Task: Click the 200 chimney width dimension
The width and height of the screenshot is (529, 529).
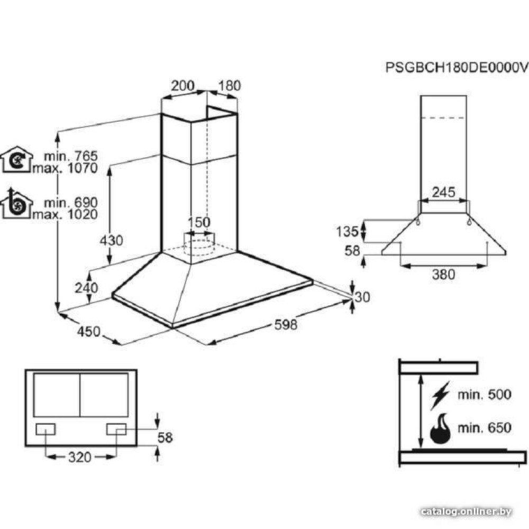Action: coord(183,86)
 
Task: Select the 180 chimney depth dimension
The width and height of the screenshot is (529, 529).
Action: coord(229,86)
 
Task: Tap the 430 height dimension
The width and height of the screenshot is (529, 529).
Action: coord(111,240)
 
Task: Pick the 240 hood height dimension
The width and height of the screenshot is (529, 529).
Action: coord(87,288)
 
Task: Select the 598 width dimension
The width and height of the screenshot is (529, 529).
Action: coord(286,325)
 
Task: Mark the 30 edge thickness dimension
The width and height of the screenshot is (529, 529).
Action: coord(362,297)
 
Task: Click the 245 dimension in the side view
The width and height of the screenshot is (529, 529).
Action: coord(443,193)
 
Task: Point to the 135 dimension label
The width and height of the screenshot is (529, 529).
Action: coord(348,231)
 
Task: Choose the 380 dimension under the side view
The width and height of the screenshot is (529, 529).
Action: coord(443,274)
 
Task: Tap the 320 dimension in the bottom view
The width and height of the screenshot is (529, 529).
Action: coord(79,457)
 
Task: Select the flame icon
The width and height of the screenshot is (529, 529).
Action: coord(440,428)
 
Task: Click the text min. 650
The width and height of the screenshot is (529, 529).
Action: coord(485,427)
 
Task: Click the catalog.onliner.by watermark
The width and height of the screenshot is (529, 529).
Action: coord(466,512)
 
